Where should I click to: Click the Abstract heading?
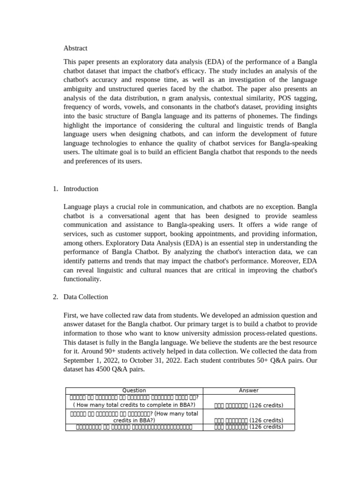75,48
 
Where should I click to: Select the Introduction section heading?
81,188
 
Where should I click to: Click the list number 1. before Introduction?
55,188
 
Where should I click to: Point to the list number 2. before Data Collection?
55,297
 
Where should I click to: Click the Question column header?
134,390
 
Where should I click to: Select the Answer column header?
248,390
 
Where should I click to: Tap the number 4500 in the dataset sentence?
106,369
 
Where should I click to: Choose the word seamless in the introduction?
303,216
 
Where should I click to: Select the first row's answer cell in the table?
248,405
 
